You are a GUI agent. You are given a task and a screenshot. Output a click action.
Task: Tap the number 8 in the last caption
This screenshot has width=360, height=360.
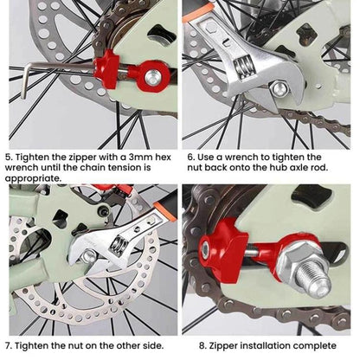(x=189, y=344)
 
